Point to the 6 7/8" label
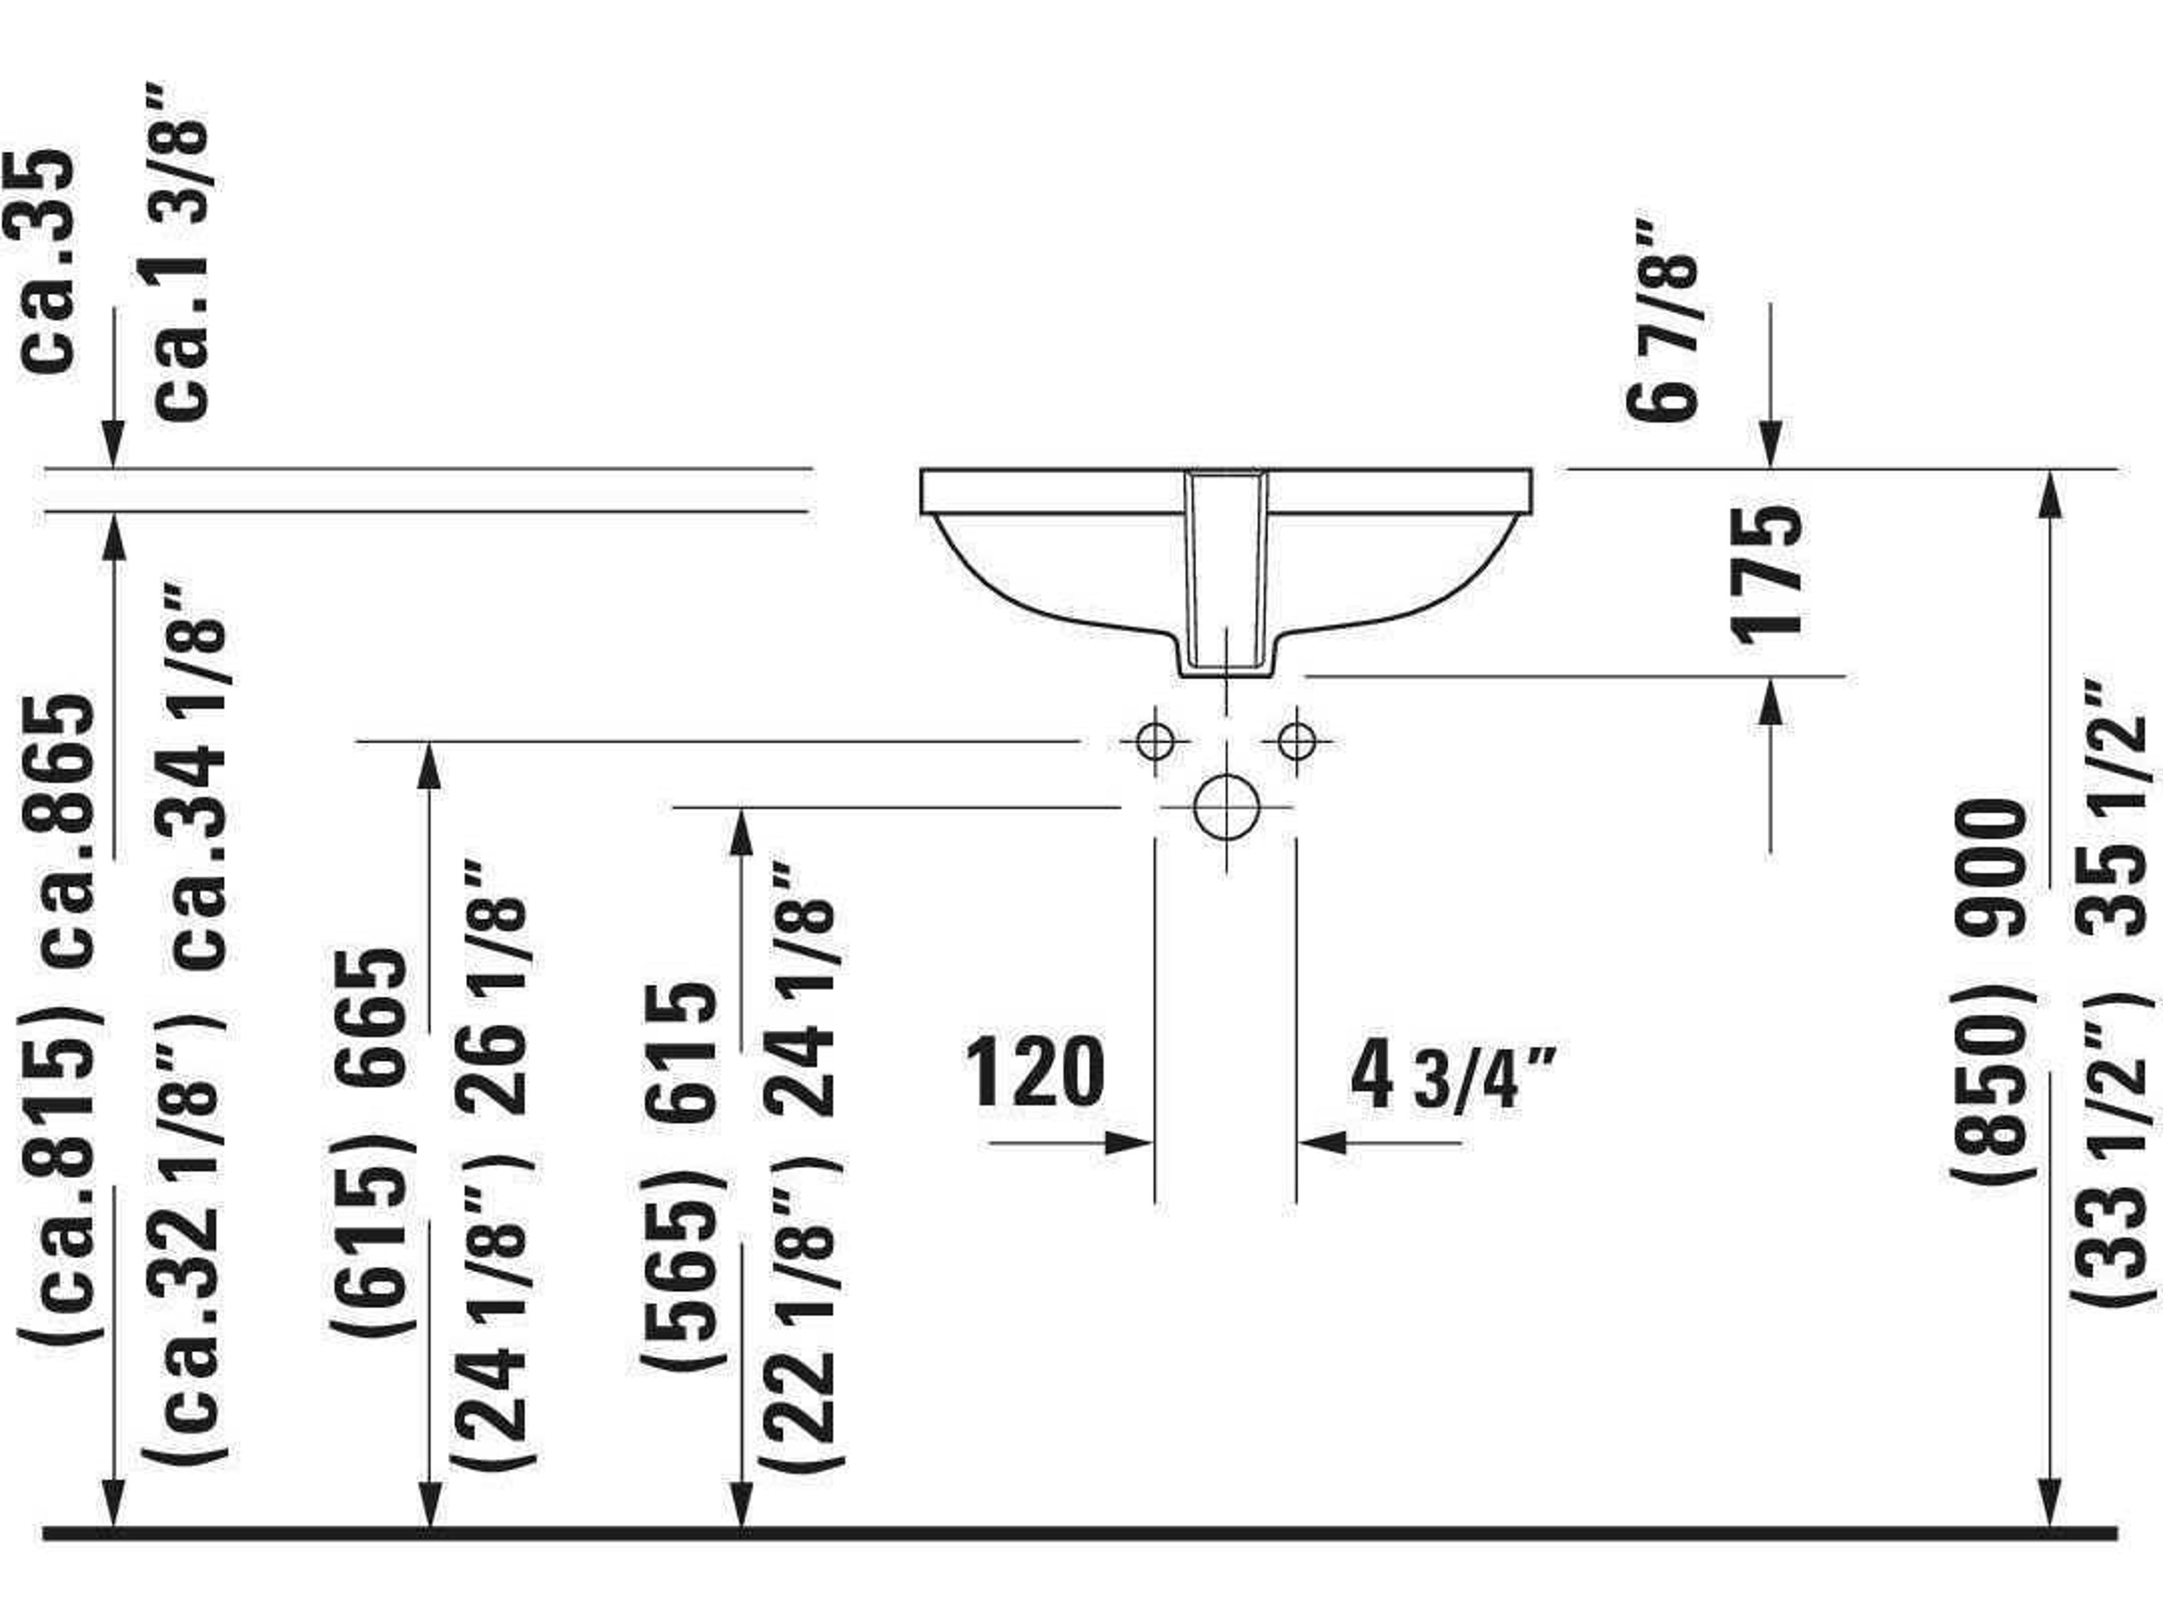coord(1662,320)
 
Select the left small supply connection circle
coord(1155,741)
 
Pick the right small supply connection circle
coord(1297,741)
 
